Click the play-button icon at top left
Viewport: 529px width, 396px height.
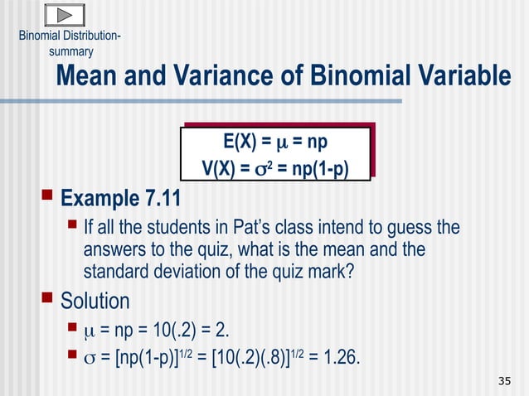point(62,16)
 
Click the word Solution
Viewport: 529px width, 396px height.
point(95,300)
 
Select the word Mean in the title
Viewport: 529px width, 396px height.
point(88,77)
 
